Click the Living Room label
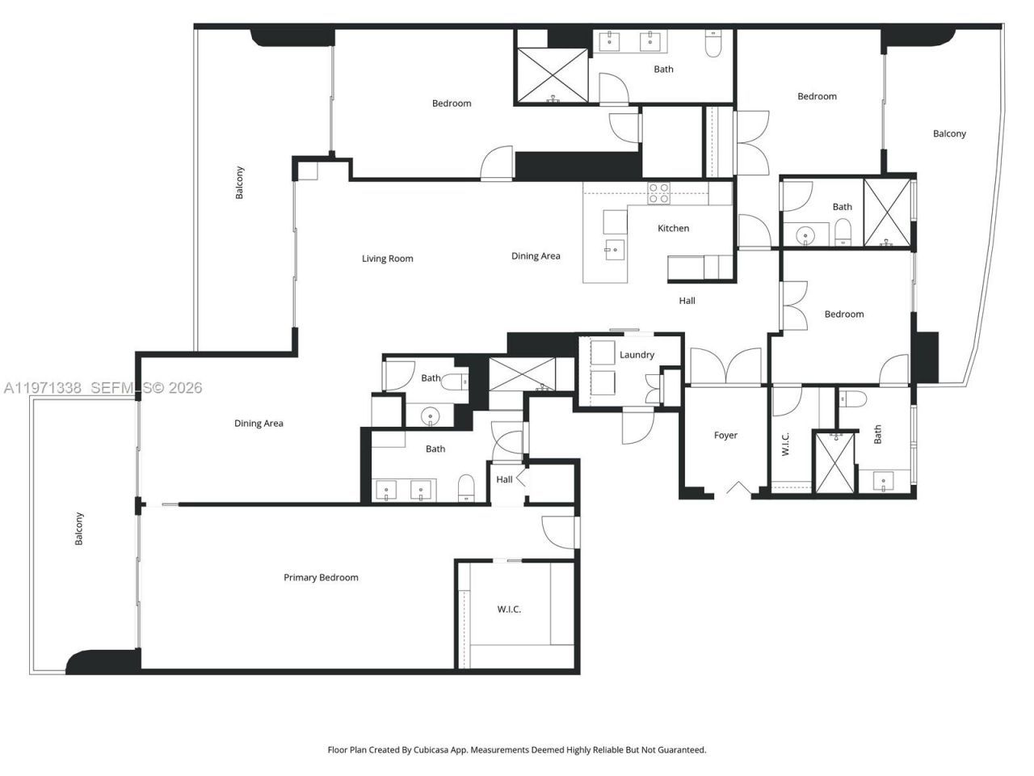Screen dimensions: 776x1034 point(387,259)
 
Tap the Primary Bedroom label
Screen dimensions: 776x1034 point(321,577)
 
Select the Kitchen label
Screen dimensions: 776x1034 point(673,228)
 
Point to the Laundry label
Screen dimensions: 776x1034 point(637,355)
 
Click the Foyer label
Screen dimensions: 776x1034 point(725,435)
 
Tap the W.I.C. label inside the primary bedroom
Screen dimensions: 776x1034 point(509,609)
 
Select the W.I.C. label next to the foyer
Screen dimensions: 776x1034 point(786,444)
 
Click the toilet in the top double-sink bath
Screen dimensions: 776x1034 point(713,45)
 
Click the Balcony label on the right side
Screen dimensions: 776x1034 point(949,133)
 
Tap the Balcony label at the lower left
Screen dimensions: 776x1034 point(79,529)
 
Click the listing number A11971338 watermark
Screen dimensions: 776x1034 point(43,388)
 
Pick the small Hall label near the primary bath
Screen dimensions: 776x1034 point(504,479)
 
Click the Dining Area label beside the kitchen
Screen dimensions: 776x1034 point(536,255)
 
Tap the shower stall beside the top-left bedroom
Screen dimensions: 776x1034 point(553,76)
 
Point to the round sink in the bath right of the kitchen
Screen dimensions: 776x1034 point(805,235)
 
